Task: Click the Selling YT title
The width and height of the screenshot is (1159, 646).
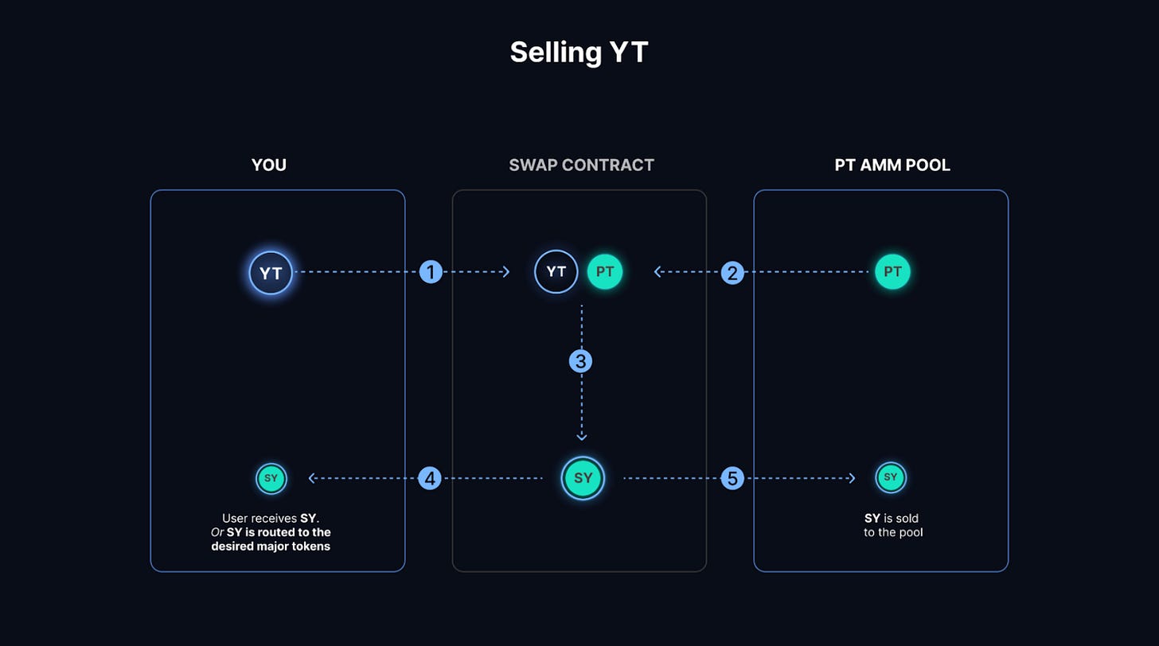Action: [x=579, y=53]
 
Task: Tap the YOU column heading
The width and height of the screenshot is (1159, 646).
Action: [x=268, y=165]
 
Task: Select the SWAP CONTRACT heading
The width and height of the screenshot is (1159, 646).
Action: [x=582, y=165]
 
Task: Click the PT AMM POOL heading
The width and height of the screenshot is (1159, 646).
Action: [x=892, y=165]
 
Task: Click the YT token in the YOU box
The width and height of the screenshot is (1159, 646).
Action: [x=271, y=273]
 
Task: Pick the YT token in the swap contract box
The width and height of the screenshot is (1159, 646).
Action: [x=556, y=271]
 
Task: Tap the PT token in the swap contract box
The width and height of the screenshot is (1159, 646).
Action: [x=605, y=271]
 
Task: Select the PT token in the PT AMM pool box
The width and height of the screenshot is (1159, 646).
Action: [x=892, y=271]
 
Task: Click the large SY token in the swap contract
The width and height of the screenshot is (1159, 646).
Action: [x=583, y=478]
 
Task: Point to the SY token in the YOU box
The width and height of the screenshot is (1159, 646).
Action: [x=271, y=478]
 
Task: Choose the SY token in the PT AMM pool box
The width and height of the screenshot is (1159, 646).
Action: [x=891, y=477]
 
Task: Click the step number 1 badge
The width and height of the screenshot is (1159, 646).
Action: [x=431, y=272]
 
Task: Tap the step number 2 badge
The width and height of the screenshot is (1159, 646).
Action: [x=732, y=273]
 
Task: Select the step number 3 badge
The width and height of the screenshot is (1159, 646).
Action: [x=580, y=361]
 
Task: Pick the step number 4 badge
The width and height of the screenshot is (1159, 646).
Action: [x=430, y=478]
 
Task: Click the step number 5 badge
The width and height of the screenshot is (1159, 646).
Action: [x=732, y=478]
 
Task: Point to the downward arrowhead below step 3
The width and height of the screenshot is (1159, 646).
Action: [x=582, y=438]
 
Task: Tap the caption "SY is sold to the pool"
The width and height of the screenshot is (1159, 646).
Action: [x=892, y=526]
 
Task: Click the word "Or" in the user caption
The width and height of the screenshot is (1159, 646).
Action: [x=217, y=532]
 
